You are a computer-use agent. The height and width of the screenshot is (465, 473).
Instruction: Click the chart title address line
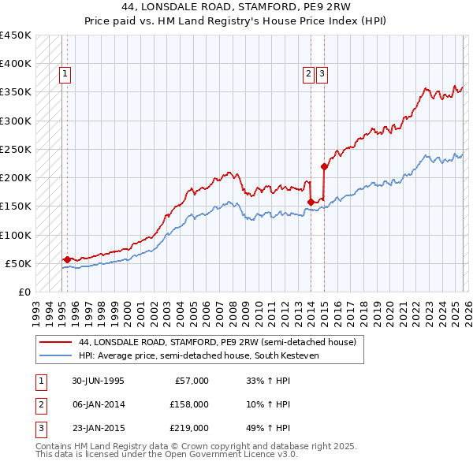coord(236,8)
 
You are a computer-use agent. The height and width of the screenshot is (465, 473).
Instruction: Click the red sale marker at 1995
coord(67,259)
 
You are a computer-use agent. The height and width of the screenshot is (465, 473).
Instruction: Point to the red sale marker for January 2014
coord(311,202)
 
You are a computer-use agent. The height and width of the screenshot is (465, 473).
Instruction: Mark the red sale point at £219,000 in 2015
coord(324,166)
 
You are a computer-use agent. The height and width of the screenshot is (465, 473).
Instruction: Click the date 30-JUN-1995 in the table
coord(98,381)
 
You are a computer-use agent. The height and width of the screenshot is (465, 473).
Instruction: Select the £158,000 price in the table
coord(189,404)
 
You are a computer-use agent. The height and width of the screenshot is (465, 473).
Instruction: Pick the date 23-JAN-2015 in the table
coord(98,428)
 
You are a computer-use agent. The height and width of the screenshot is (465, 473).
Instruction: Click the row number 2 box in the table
coord(40,404)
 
